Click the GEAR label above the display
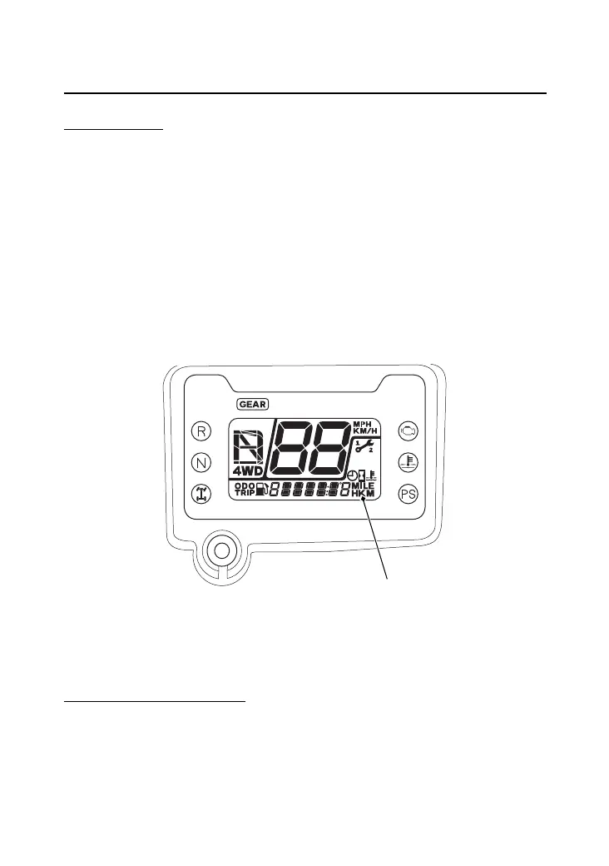(253, 404)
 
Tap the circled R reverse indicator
(201, 431)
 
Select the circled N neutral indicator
(201, 461)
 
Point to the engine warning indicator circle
(408, 431)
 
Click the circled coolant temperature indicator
(408, 461)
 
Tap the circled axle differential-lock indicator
(201, 492)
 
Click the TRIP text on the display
(244, 493)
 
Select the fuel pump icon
(262, 490)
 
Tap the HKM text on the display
(364, 494)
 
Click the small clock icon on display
(352, 476)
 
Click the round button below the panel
(220, 550)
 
